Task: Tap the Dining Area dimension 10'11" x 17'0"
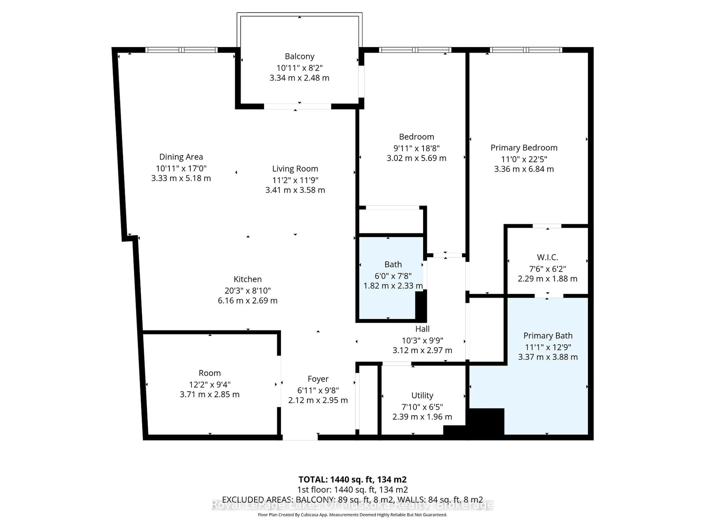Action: tap(181, 168)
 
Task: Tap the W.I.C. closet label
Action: tap(547, 257)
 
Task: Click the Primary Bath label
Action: tap(547, 336)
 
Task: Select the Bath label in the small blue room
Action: tap(393, 264)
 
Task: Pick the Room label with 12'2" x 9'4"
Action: tap(209, 373)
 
